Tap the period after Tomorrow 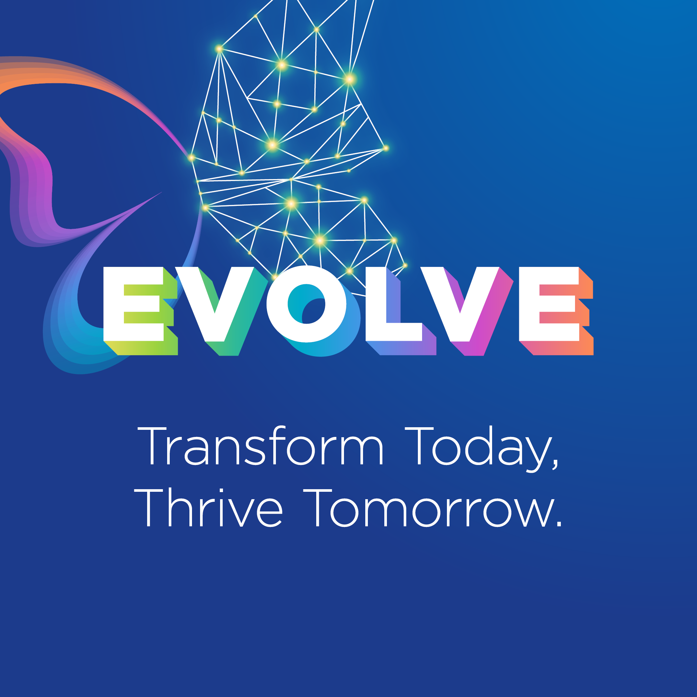[559, 524]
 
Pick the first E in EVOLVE [140, 311]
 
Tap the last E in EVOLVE [556, 311]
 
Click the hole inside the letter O [306, 304]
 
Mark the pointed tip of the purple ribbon [162, 192]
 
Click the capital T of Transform [152, 446]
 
